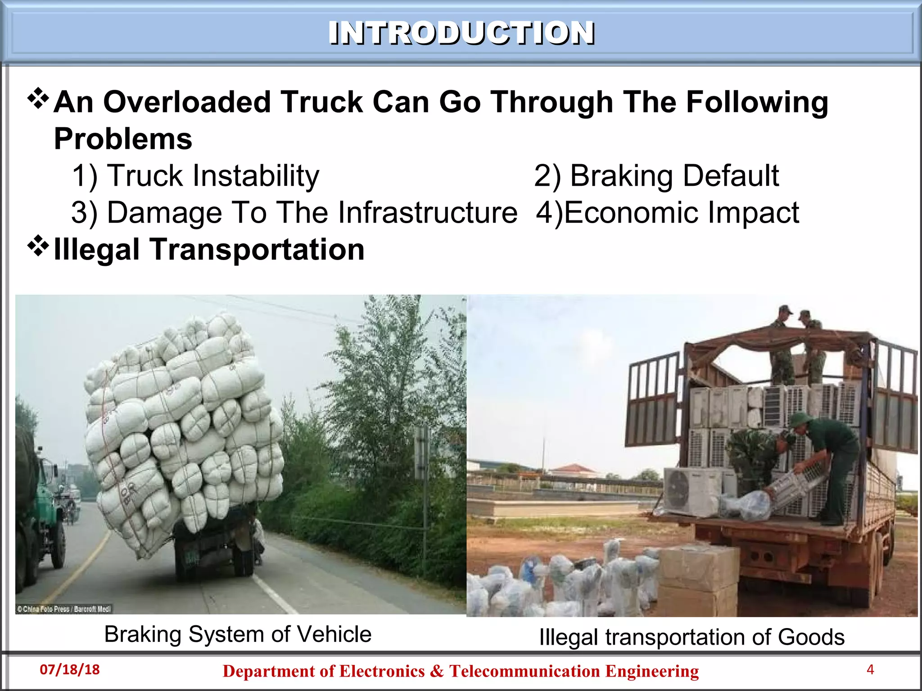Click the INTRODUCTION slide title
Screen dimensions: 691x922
461,33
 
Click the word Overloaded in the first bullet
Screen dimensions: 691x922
187,102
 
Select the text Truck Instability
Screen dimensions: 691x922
213,175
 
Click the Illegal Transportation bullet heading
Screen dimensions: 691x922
209,249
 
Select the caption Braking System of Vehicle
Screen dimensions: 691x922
238,634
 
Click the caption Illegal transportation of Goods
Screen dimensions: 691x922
691,637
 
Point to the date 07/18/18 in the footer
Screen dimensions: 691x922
70,669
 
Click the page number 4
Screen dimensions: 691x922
870,670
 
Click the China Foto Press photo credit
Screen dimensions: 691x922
64,609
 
